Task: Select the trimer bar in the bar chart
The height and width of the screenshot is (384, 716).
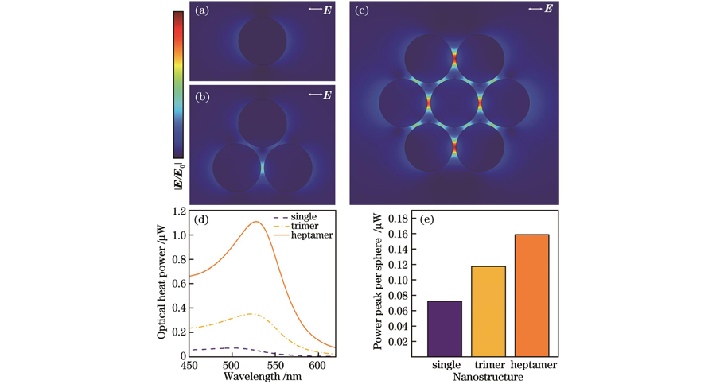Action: [x=489, y=311]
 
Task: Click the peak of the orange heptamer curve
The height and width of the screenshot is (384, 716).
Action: [x=256, y=222]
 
